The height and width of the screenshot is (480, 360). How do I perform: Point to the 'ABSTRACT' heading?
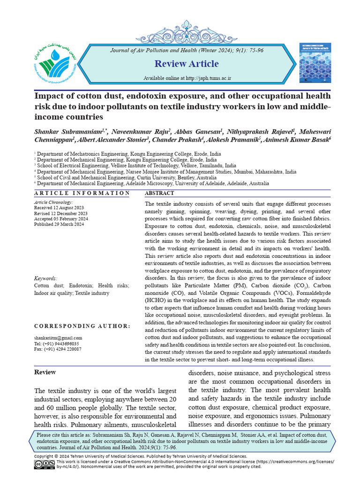pyautogui.click(x=159, y=193)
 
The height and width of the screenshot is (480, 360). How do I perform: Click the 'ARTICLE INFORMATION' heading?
pyautogui.click(x=82, y=193)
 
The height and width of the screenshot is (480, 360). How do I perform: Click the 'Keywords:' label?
pyautogui.click(x=46, y=278)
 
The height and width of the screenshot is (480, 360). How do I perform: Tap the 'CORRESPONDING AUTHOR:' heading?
pyautogui.click(x=82, y=326)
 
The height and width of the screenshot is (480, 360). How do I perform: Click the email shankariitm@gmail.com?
pyautogui.click(x=58, y=338)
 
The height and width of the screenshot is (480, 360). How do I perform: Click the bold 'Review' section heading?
pyautogui.click(x=45, y=372)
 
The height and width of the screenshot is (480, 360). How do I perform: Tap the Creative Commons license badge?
pyautogui.click(x=44, y=464)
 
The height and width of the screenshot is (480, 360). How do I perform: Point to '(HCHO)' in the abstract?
pyautogui.click(x=156, y=301)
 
